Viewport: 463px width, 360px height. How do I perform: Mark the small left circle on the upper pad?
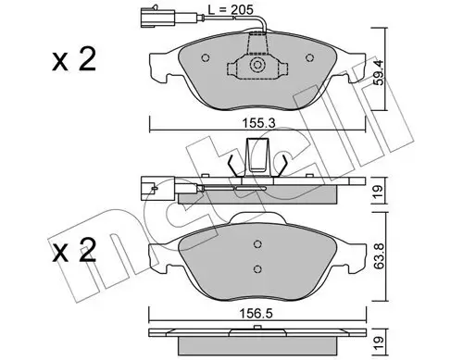pos(205,65)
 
